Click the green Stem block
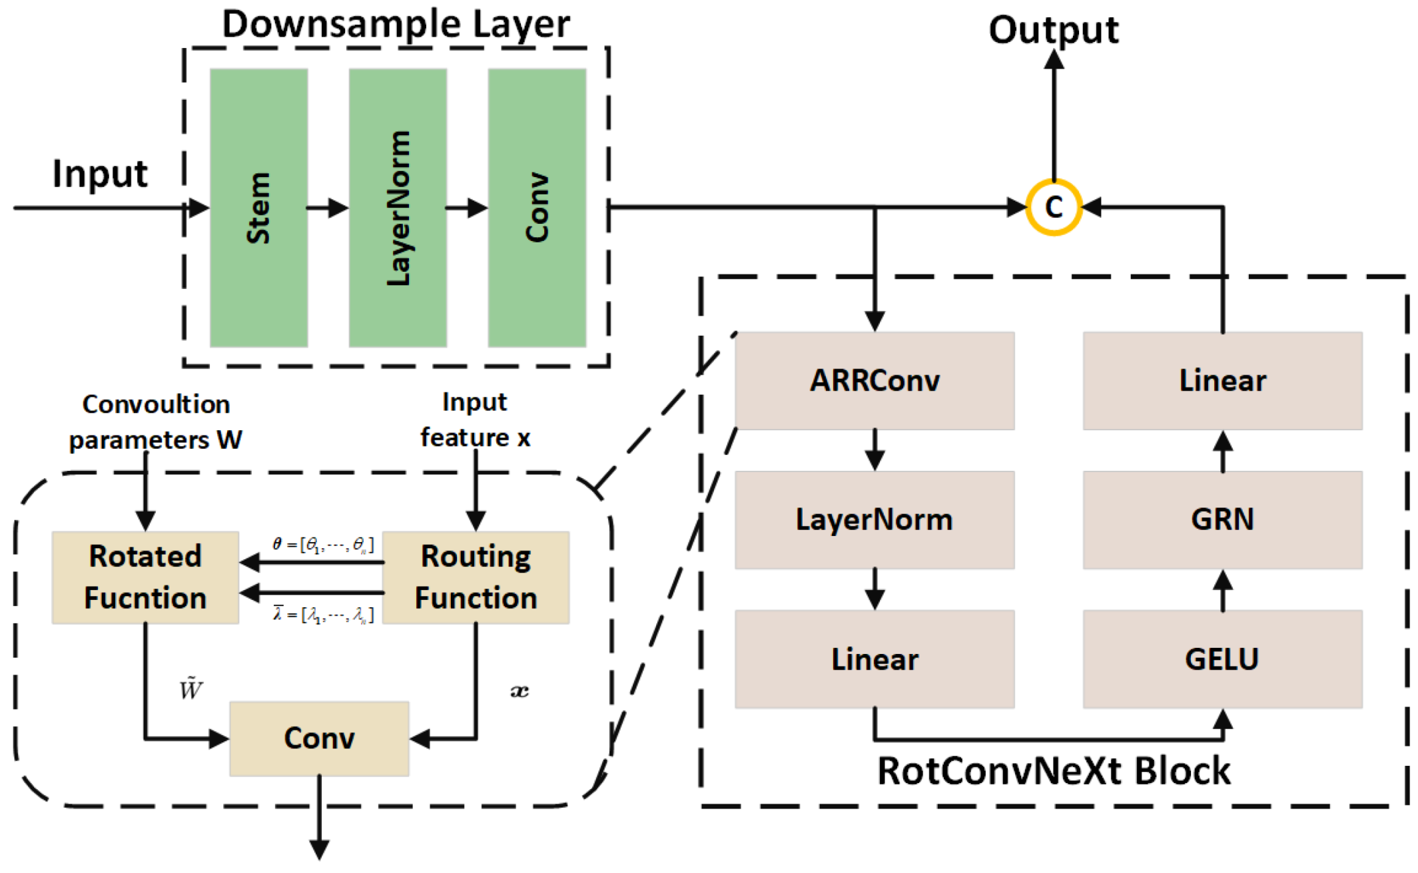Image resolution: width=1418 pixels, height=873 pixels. coord(258,207)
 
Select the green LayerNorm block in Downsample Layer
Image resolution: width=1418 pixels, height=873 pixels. coord(398,207)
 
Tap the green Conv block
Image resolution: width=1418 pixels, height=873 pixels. coord(537,207)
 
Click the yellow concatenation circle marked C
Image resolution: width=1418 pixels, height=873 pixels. coord(1053,207)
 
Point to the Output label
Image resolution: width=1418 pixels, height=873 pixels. coord(1053,30)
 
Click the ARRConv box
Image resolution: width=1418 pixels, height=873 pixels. coord(875,380)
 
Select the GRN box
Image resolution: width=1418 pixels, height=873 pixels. coord(1222,519)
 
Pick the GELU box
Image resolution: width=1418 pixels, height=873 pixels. coord(1222,659)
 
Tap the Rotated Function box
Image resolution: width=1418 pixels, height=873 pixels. coord(145,577)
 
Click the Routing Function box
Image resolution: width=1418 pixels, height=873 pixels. coord(476,577)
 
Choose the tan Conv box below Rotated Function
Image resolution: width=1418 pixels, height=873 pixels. coord(319,738)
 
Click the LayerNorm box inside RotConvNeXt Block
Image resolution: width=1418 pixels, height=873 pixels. coord(875,519)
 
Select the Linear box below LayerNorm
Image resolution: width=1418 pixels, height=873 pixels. coord(875,659)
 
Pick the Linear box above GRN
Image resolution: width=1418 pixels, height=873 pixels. coord(1222,380)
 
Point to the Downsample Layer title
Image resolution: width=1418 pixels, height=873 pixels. coord(396,24)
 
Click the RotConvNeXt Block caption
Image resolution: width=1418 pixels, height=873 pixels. coord(1054,771)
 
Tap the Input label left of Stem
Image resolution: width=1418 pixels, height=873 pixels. coord(100,174)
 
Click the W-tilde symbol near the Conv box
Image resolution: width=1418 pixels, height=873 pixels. coord(190,689)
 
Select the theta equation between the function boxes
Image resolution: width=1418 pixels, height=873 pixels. coord(323,545)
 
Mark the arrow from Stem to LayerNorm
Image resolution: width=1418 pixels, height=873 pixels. coord(328,208)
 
